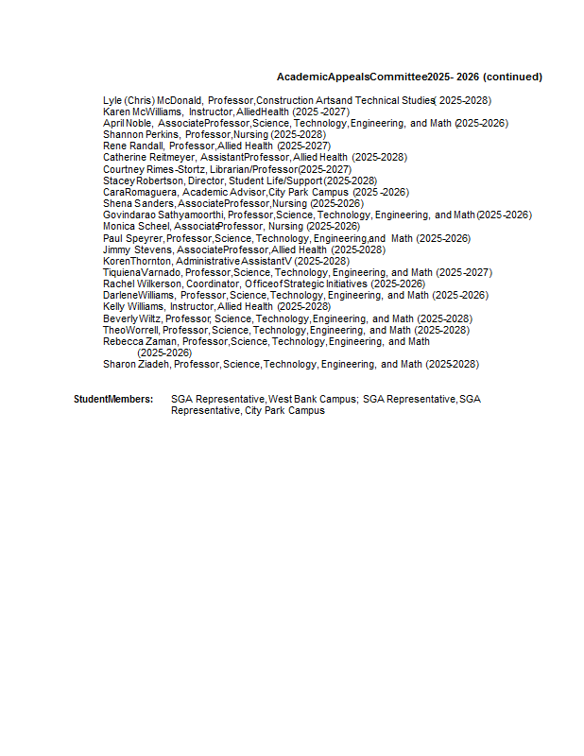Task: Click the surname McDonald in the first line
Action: [x=180, y=100]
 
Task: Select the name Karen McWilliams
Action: [x=143, y=112]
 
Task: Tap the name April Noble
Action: [x=128, y=123]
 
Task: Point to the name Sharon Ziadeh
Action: [x=136, y=364]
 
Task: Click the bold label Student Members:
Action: [x=113, y=399]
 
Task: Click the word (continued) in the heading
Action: [x=512, y=77]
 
